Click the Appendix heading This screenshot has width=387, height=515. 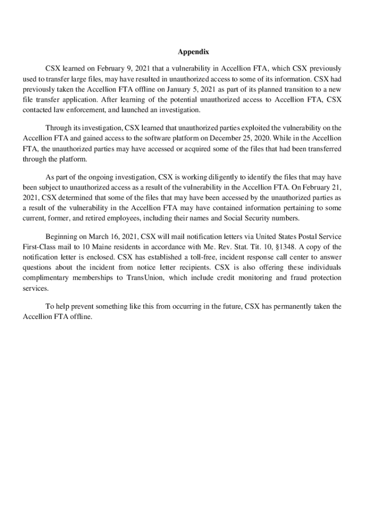click(x=193, y=52)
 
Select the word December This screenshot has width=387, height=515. click(x=241, y=138)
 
